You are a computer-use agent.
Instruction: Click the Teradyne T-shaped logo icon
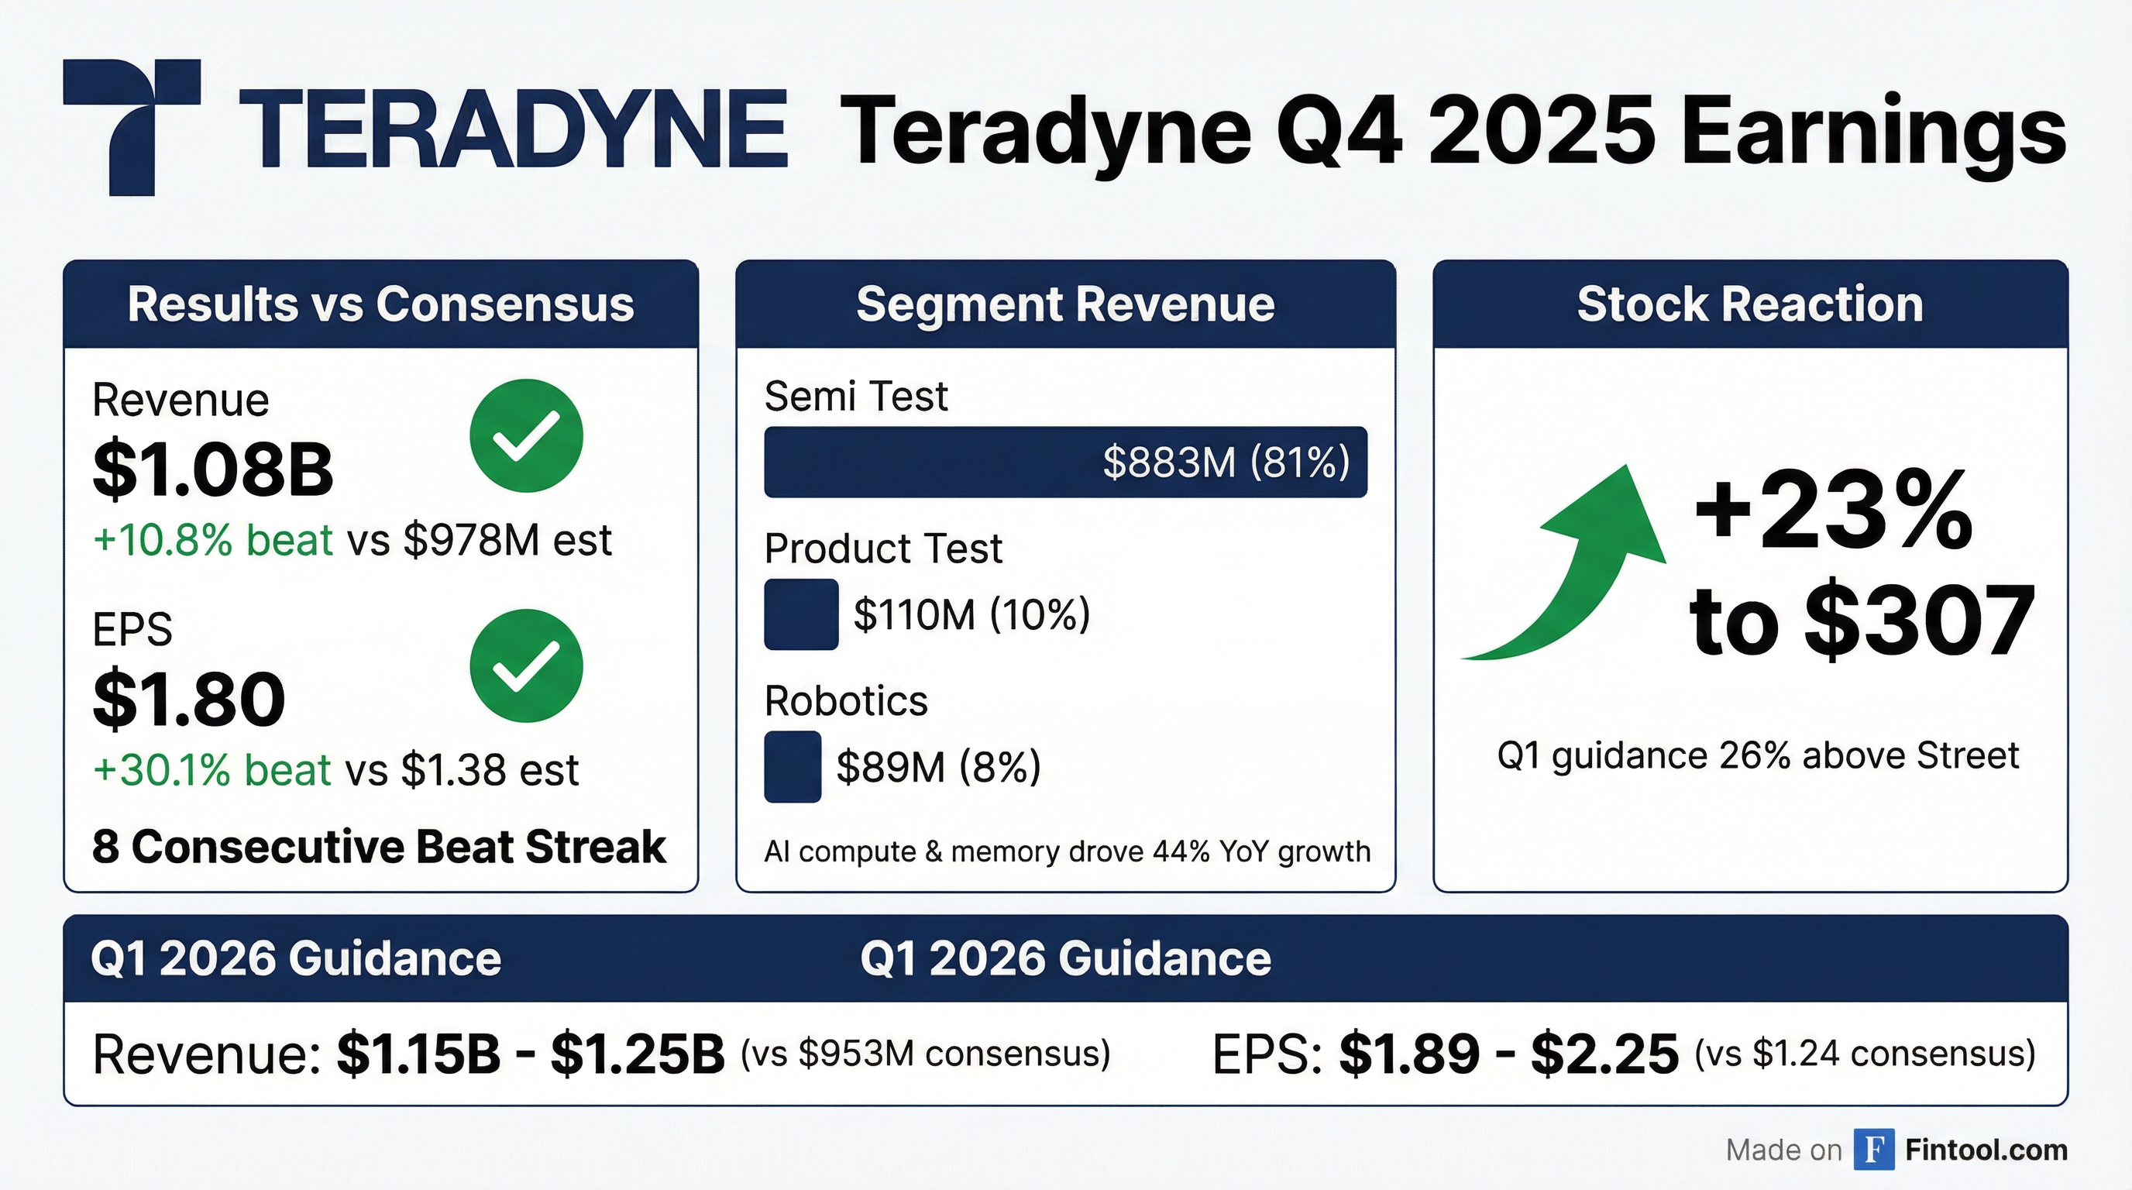pyautogui.click(x=132, y=124)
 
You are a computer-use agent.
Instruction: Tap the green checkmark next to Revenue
pyautogui.click(x=526, y=436)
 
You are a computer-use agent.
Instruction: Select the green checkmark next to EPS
pyautogui.click(x=526, y=666)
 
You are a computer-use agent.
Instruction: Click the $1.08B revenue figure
pyautogui.click(x=213, y=469)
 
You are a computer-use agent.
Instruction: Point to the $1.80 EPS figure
pyautogui.click(x=189, y=700)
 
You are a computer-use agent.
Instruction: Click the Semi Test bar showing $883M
pyautogui.click(x=1065, y=462)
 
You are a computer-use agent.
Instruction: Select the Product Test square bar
pyautogui.click(x=801, y=614)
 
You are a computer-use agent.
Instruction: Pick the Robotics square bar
pyautogui.click(x=793, y=766)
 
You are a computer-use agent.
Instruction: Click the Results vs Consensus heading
pyautogui.click(x=380, y=304)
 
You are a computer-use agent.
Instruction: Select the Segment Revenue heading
pyautogui.click(x=1065, y=304)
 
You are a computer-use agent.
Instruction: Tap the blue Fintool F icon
pyautogui.click(x=1874, y=1150)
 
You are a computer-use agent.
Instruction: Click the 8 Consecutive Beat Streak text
pyautogui.click(x=379, y=847)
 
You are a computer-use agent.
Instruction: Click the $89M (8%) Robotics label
pyautogui.click(x=938, y=766)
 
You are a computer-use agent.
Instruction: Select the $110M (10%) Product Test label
pyautogui.click(x=971, y=614)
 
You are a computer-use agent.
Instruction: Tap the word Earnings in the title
pyautogui.click(x=1874, y=132)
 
